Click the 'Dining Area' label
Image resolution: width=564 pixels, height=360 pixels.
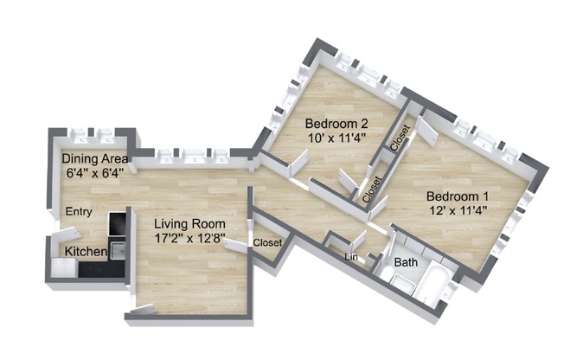[95, 158]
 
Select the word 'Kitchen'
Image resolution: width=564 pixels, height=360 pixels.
[83, 252]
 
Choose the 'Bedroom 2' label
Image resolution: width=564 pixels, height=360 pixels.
[336, 121]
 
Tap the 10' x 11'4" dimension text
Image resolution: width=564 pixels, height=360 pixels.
[336, 136]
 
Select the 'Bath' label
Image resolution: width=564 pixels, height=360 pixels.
[406, 262]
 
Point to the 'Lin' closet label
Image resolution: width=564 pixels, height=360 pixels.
[349, 257]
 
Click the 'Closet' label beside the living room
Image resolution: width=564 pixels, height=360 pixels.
[267, 243]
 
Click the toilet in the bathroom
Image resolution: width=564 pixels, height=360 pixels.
[403, 281]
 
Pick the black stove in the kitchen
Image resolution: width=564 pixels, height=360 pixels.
[117, 225]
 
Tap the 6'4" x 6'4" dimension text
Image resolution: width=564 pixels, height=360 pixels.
[95, 172]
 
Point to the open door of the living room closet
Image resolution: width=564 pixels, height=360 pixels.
[236, 247]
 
